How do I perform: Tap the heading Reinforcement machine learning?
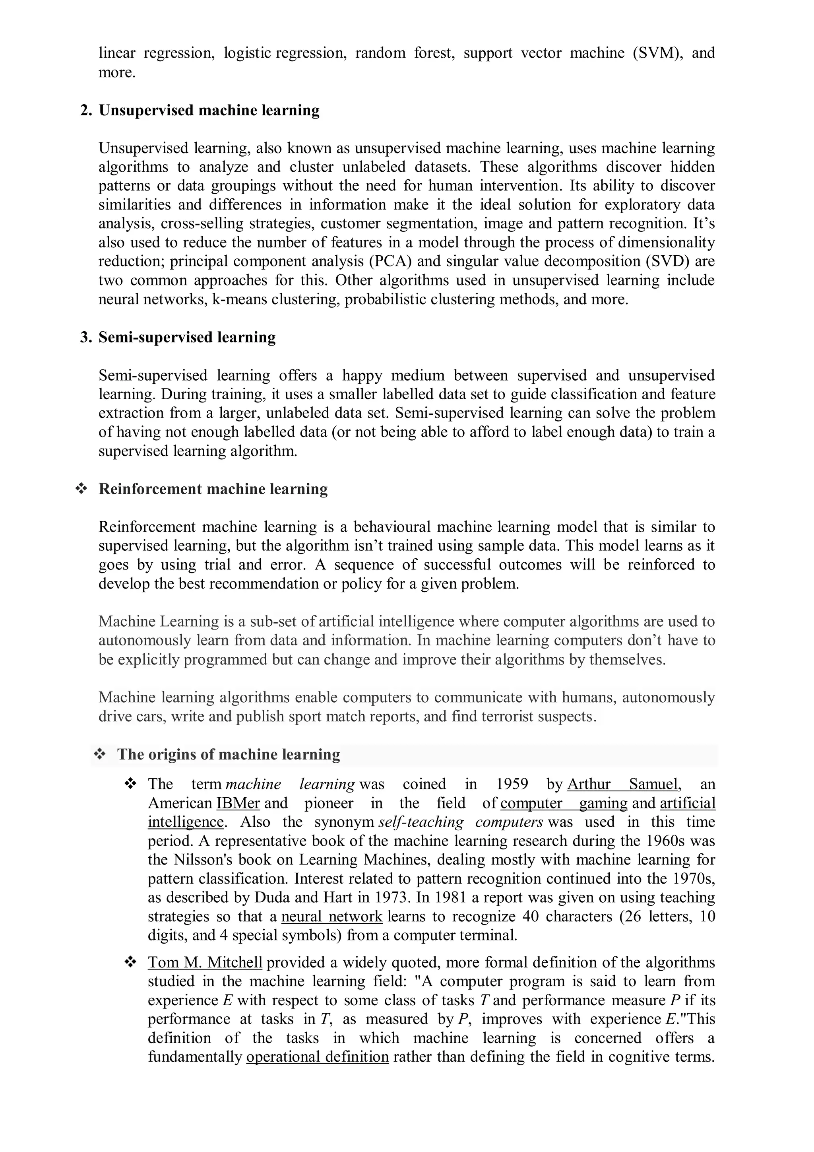click(x=213, y=489)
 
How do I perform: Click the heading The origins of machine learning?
click(x=228, y=754)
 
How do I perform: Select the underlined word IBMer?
click(x=238, y=803)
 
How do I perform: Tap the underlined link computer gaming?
click(x=564, y=803)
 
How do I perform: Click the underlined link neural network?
click(x=331, y=916)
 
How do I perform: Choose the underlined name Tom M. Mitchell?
click(x=205, y=962)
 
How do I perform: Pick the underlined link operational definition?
click(x=318, y=1057)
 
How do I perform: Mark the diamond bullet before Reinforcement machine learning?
click(x=80, y=489)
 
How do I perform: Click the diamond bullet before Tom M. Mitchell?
click(x=130, y=962)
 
